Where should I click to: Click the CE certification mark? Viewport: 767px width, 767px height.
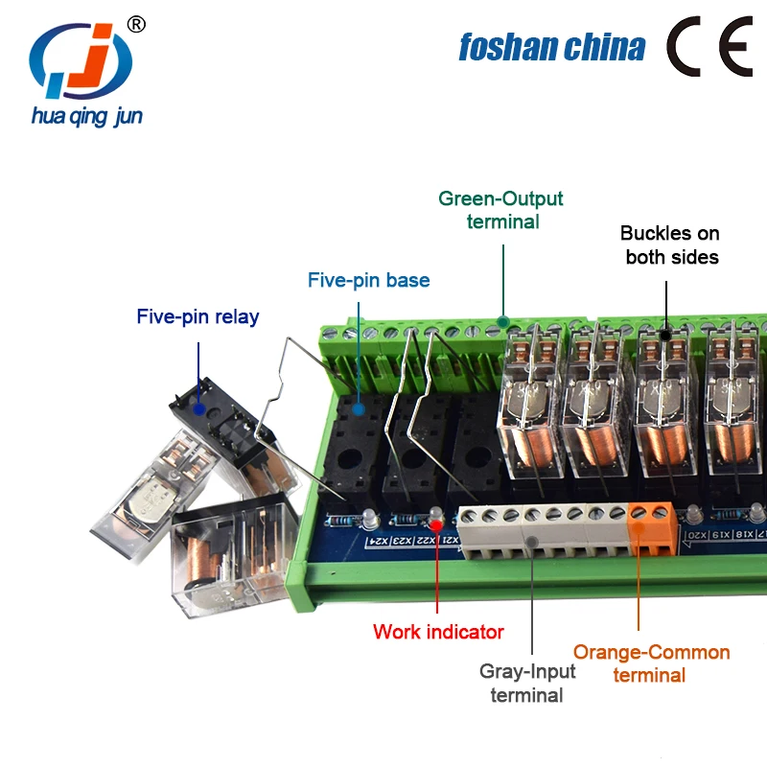tap(710, 46)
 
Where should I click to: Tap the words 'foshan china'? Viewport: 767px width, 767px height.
tap(551, 46)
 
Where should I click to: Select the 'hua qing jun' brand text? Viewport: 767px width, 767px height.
tap(87, 117)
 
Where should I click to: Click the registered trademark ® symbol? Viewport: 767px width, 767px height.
tap(136, 24)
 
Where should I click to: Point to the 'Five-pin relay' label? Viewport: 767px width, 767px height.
tap(198, 316)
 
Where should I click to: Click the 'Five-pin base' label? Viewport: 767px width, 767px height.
tap(368, 280)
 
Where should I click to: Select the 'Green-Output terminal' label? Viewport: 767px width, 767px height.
tap(500, 210)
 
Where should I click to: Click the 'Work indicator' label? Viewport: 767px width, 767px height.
tap(438, 632)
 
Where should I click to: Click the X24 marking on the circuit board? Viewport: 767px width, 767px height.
tap(381, 544)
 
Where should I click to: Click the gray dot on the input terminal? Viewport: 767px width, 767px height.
tap(529, 542)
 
